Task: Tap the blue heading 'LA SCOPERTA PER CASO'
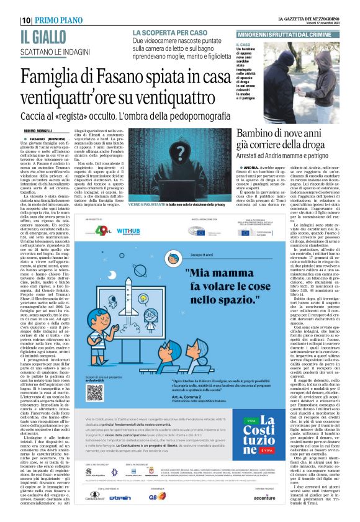point(166,32)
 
